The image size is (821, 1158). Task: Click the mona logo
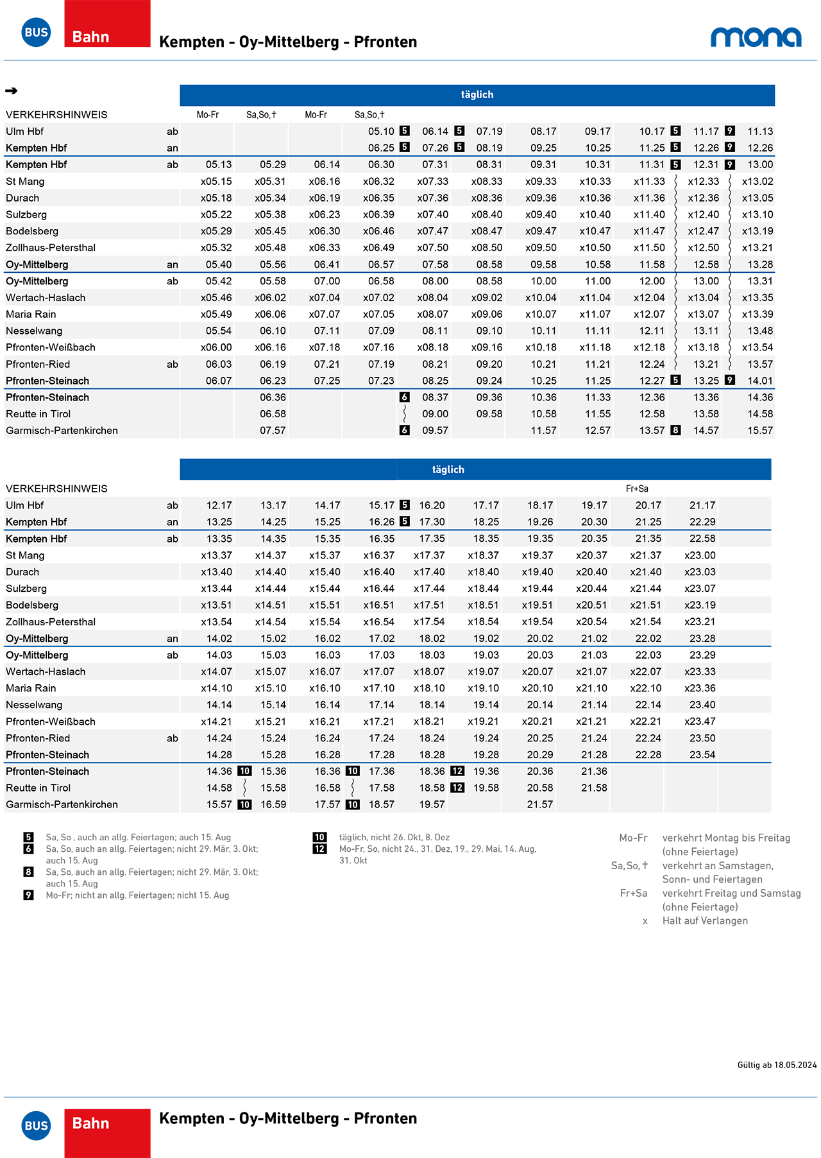coord(756,37)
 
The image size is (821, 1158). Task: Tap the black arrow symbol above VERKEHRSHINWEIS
coord(12,91)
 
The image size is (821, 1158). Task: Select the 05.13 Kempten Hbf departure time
coord(219,165)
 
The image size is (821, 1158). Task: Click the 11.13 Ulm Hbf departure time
coord(760,132)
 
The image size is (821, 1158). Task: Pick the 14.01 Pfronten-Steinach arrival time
coord(760,381)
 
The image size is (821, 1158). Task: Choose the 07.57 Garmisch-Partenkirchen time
coord(273,431)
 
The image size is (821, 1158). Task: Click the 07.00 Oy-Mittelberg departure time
coord(327,281)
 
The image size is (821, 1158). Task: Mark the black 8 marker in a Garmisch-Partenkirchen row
coord(675,431)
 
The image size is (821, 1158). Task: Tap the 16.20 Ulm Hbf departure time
coord(432,506)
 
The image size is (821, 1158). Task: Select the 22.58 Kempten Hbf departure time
coord(702,539)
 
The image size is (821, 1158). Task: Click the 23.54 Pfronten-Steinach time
coord(702,755)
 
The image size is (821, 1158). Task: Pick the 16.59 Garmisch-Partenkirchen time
coord(273,805)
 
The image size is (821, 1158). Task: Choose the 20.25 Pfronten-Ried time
coord(540,738)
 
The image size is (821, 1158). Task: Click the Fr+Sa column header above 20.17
coord(637,489)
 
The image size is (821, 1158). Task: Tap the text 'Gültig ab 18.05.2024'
coord(777,1065)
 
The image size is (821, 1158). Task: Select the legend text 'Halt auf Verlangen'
coord(705,920)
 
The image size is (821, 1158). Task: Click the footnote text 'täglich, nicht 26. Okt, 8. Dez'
coord(394,838)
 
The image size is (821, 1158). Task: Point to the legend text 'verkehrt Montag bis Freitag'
coord(726,838)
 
